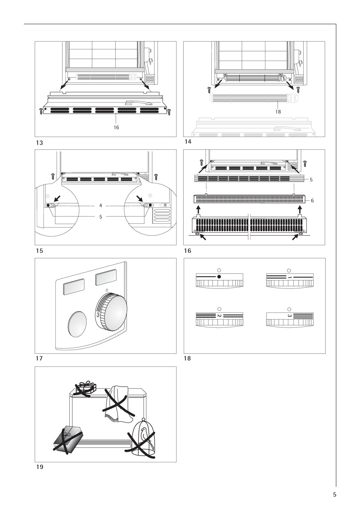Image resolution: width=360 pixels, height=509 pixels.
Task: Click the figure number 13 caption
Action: [x=39, y=143]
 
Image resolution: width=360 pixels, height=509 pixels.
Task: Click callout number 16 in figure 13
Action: [x=116, y=127]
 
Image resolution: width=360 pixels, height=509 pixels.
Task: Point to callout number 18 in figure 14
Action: [x=278, y=112]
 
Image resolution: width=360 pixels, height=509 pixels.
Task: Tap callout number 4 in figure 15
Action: [x=100, y=206]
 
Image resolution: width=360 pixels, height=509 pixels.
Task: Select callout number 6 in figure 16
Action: [x=312, y=201]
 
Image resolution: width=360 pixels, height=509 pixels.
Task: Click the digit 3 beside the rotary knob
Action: [x=98, y=315]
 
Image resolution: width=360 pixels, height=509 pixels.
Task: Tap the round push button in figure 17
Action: [x=77, y=324]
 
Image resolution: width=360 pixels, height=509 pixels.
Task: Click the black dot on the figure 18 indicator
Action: [x=219, y=277]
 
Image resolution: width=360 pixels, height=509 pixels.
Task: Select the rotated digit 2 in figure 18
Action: [x=219, y=316]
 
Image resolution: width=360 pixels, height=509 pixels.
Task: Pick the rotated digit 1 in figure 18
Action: [x=289, y=277]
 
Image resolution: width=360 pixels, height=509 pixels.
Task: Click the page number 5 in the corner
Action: [x=334, y=494]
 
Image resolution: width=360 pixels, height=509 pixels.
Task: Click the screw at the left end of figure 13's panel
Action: [x=41, y=111]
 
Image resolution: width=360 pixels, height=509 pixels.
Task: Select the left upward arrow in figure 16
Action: [x=198, y=210]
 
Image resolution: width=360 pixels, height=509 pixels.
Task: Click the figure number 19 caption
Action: [x=39, y=467]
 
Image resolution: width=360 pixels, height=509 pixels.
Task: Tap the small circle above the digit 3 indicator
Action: [x=289, y=309]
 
